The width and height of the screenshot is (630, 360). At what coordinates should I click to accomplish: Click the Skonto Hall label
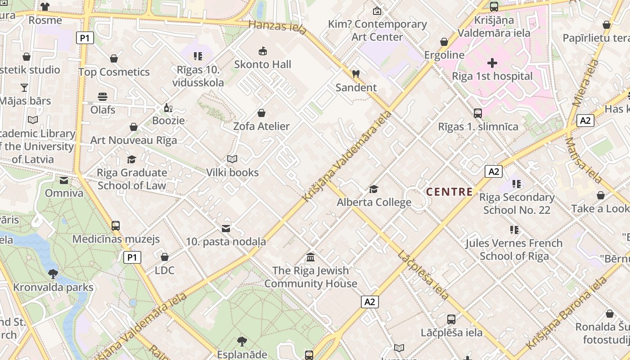263,64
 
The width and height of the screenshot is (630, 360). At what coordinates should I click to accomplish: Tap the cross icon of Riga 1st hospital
492,63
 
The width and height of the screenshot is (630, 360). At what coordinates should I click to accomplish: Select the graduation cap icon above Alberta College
373,189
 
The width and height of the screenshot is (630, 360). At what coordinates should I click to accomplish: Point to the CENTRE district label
449,192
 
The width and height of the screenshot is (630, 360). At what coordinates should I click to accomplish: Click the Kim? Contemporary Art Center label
377,30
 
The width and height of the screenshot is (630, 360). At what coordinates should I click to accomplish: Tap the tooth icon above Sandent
355,74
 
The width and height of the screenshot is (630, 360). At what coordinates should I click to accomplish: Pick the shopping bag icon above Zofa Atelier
261,113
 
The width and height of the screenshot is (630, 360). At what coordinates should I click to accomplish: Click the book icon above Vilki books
232,159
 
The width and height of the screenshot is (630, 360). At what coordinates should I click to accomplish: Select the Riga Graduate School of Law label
132,179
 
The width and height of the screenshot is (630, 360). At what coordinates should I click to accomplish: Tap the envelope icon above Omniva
64,180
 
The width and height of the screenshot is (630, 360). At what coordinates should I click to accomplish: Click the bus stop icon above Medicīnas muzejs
116,226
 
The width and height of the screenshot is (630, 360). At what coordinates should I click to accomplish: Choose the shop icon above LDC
165,257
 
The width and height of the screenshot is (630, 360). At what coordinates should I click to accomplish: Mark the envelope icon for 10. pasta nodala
226,229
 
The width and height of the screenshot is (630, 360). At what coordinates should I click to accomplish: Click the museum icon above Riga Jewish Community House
310,257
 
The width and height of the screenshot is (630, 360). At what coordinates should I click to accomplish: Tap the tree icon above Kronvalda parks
53,274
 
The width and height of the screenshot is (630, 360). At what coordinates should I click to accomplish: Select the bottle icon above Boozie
168,108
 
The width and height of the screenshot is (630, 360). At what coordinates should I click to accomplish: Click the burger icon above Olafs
103,97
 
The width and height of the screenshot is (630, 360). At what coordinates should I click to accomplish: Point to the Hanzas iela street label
277,27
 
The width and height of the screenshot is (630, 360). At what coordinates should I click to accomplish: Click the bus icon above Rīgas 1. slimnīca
478,113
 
